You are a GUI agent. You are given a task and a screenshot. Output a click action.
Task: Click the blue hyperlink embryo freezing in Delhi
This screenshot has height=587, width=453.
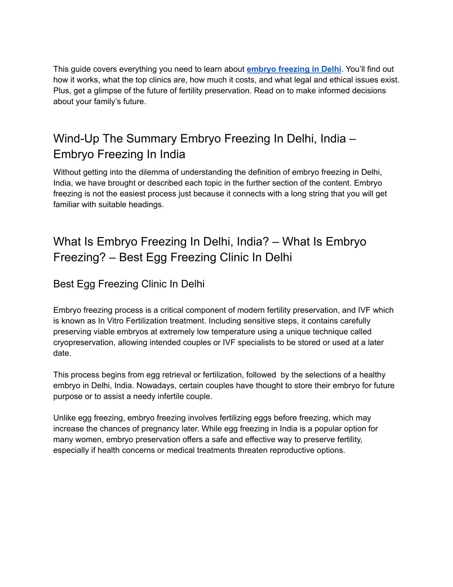tap(294, 69)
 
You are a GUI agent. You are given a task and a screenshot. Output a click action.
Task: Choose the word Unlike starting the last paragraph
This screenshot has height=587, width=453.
tap(65, 418)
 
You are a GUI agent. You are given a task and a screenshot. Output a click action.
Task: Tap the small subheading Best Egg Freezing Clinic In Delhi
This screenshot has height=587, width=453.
tap(129, 284)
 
